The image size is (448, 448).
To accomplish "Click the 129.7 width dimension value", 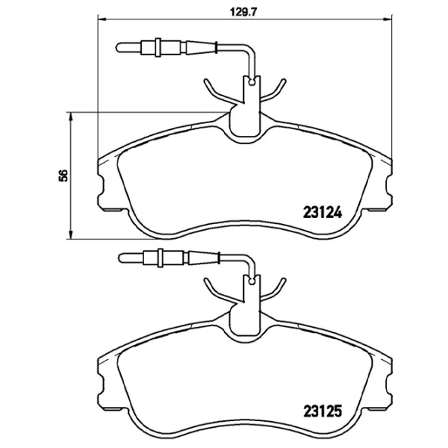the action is (x=243, y=12).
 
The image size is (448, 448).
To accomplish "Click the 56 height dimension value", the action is (x=63, y=175).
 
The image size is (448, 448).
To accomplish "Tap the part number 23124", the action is (x=323, y=213).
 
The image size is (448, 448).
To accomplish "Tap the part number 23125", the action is (x=323, y=411).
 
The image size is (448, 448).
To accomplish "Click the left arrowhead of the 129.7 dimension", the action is (x=102, y=19).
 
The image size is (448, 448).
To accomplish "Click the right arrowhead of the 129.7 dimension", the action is (x=388, y=19).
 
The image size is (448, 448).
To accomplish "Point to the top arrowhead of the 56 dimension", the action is (x=70, y=116).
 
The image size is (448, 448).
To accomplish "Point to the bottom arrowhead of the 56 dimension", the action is (x=70, y=235).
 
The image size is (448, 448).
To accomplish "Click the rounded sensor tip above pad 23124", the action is (x=118, y=48).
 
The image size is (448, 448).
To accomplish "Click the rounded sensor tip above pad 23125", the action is (x=120, y=258).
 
